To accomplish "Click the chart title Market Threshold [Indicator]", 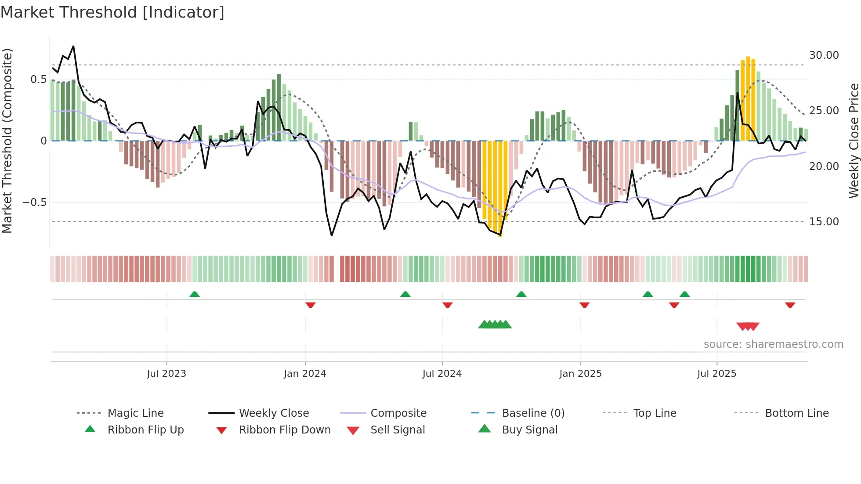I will (x=112, y=12).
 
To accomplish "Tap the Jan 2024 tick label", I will (x=305, y=374).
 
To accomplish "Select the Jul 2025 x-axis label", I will (x=716, y=374).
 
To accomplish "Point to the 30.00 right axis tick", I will (x=824, y=55).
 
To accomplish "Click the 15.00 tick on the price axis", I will (x=824, y=222).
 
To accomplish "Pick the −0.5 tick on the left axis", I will (x=35, y=202).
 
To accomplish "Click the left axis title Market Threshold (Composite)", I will (x=7, y=141).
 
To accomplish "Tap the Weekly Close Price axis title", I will (x=854, y=141).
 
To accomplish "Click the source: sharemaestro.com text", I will (x=773, y=344).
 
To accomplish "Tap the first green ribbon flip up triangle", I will (x=195, y=294).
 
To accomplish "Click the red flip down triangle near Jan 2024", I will (x=311, y=305).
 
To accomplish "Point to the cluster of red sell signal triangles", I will (x=748, y=326).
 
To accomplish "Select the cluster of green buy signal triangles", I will (x=495, y=325).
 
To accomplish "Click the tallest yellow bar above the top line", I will (x=748, y=98).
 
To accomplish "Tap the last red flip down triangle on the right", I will (x=790, y=305).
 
